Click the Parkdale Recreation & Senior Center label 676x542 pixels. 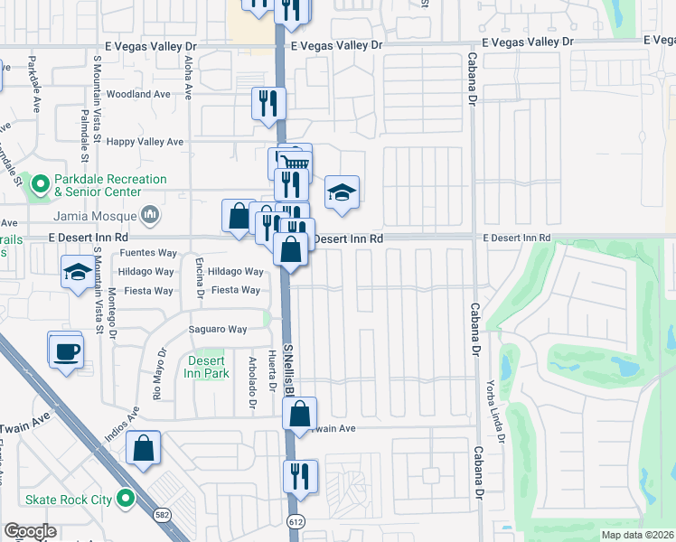98,185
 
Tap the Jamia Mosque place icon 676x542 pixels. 150,215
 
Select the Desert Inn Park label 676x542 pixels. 206,366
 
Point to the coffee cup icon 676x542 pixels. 66,350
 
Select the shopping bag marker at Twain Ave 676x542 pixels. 299,414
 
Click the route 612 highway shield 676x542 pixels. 296,522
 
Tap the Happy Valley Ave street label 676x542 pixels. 145,142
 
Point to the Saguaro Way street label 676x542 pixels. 217,330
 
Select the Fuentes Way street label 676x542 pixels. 148,254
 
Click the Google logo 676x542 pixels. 30,531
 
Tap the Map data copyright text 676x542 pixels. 637,535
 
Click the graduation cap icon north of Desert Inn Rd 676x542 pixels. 343,193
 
